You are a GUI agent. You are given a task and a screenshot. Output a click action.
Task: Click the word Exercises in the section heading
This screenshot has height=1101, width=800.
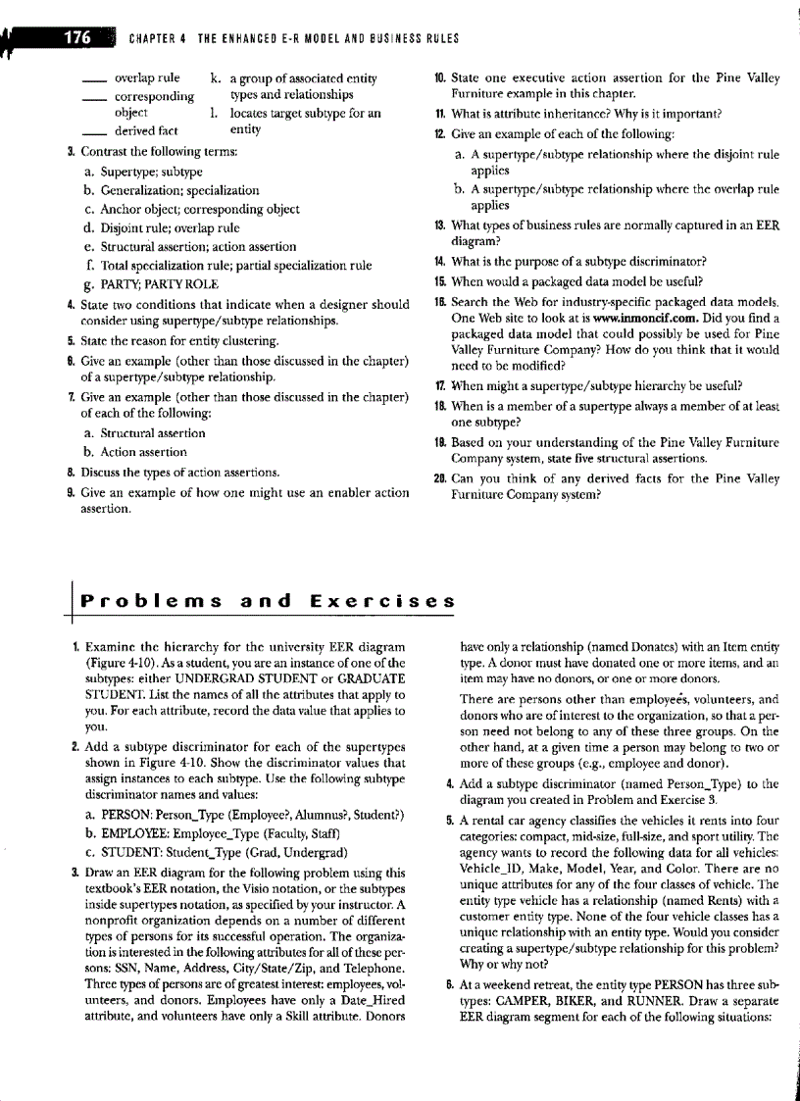coord(382,599)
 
